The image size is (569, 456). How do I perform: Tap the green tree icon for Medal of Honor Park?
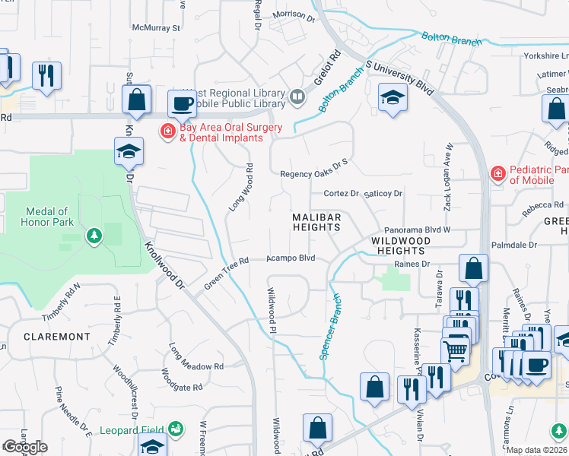pos(94,236)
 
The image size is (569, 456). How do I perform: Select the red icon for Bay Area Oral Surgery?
pos(167,132)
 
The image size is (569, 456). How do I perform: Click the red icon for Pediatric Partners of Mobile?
pos(497,174)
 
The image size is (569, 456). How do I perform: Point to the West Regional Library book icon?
pos(297,97)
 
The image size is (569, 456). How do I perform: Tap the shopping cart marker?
pos(455,350)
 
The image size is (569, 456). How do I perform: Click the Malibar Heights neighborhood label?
pos(317,223)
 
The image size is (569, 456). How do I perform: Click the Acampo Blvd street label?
pos(291,258)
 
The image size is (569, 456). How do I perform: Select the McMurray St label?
pos(156,27)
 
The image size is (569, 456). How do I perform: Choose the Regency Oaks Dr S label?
pos(313,173)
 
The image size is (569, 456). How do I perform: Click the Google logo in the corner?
pos(25,447)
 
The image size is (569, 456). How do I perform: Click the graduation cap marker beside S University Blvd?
pos(393,97)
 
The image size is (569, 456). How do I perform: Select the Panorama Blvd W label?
pos(418,229)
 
